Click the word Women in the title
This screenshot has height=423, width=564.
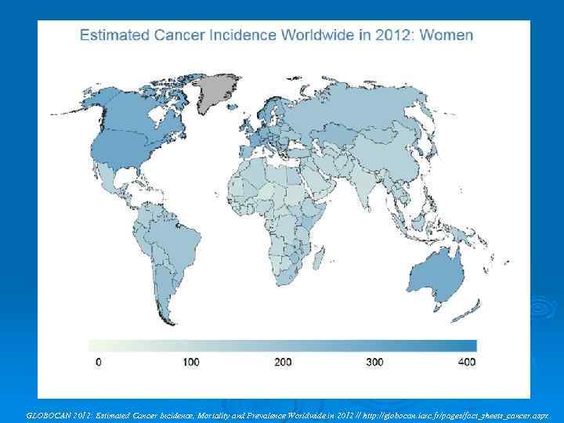point(446,35)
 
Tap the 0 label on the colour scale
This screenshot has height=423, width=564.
point(98,362)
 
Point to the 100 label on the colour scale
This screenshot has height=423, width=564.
point(190,362)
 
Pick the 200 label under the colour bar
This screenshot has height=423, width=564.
point(282,362)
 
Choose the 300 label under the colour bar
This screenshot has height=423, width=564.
point(374,362)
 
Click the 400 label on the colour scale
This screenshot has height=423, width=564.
point(466,362)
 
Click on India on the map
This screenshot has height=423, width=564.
point(367,188)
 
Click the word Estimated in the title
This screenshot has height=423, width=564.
point(113,35)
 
